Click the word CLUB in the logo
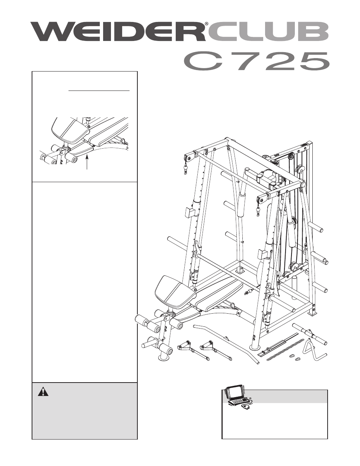(x=268, y=32)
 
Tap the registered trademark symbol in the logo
(x=206, y=23)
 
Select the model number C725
(x=256, y=61)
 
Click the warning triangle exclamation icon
(x=43, y=391)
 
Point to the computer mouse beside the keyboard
(x=246, y=407)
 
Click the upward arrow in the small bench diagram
(x=87, y=162)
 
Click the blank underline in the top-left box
(x=99, y=91)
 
